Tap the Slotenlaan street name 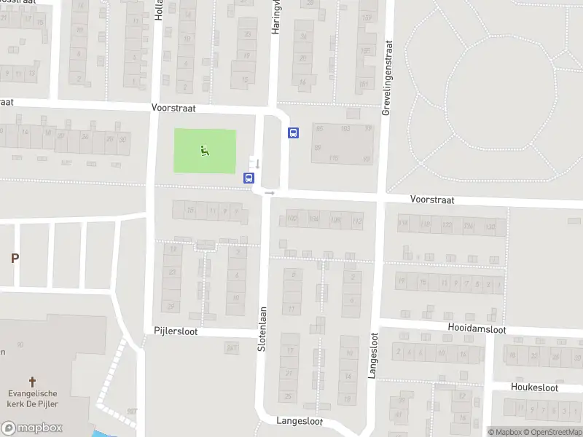pyautogui.click(x=262, y=329)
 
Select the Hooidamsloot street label pyautogui.click(x=477, y=329)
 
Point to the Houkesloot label pyautogui.click(x=534, y=387)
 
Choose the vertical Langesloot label pyautogui.click(x=373, y=354)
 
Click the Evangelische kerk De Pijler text pyautogui.click(x=32, y=399)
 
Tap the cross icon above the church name pyautogui.click(x=32, y=381)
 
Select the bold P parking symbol pyautogui.click(x=14, y=258)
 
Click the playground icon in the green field pyautogui.click(x=205, y=151)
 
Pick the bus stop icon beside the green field pyautogui.click(x=249, y=177)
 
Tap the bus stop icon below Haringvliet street pyautogui.click(x=294, y=133)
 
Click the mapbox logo pyautogui.click(x=31, y=428)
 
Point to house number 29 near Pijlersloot pyautogui.click(x=172, y=306)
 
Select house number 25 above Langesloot pyautogui.click(x=289, y=396)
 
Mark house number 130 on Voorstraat pyautogui.click(x=490, y=226)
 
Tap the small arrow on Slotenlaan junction pyautogui.click(x=270, y=193)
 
